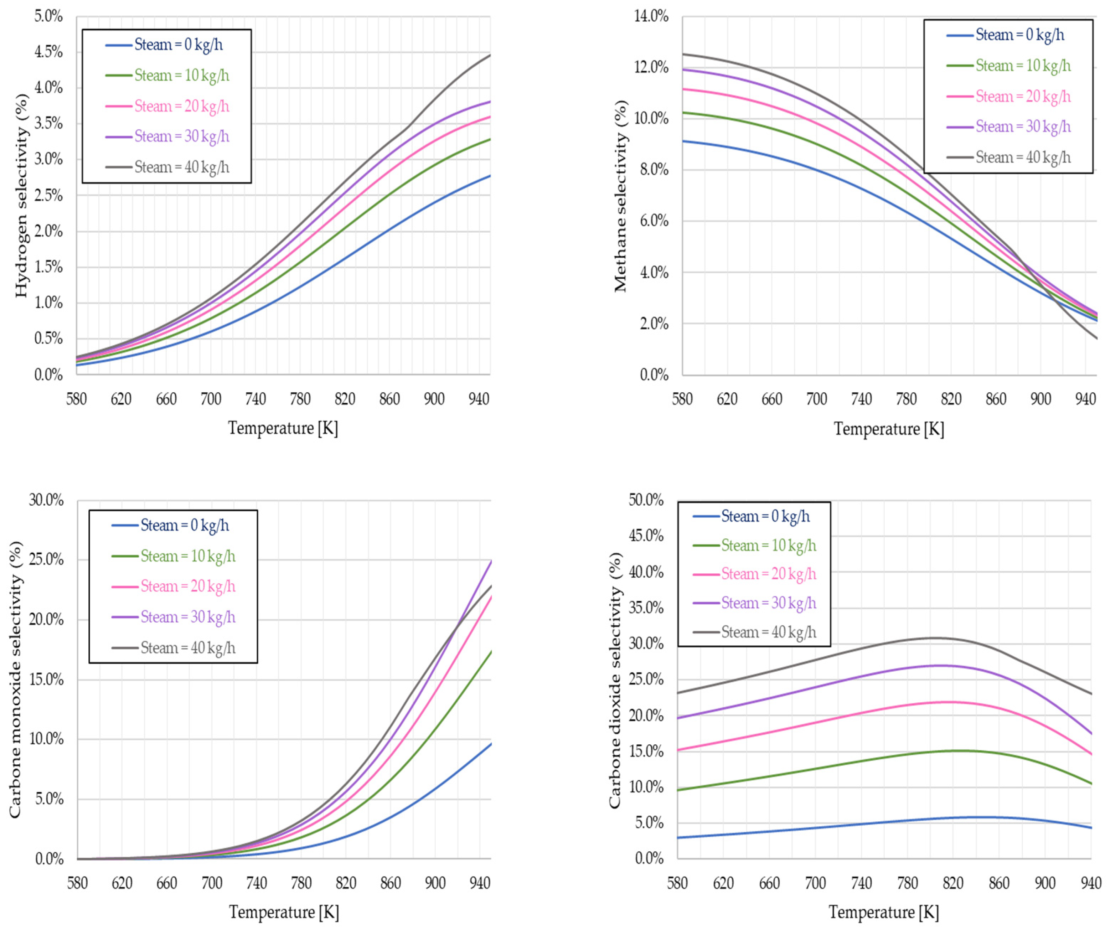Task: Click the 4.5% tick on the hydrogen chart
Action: click(x=49, y=52)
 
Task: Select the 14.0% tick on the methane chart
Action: click(x=651, y=16)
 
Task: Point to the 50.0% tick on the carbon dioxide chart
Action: click(x=646, y=500)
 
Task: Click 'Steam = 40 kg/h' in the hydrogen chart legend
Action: click(x=182, y=167)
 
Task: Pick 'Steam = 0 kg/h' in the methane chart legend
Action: click(x=1020, y=35)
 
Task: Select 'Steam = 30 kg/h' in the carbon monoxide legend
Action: click(x=188, y=617)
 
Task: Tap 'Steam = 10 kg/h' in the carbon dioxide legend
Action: click(x=769, y=546)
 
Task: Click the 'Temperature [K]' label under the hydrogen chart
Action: click(x=283, y=428)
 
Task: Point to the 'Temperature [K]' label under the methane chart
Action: click(x=889, y=429)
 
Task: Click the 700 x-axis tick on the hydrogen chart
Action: click(x=211, y=399)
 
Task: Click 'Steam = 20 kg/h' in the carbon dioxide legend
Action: click(x=769, y=574)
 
